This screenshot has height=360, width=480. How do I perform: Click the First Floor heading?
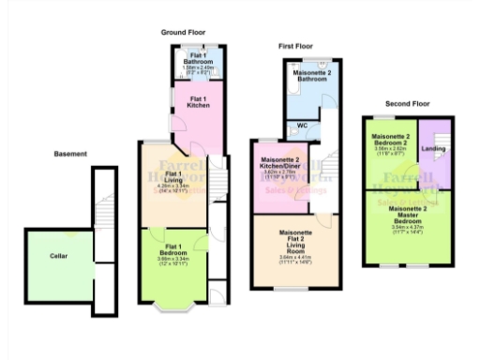point(295,46)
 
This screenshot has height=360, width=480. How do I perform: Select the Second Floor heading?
point(407,103)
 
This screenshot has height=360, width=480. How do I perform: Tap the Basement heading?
point(70,154)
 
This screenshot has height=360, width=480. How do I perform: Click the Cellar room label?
point(58,253)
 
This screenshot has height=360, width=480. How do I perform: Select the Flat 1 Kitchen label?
point(199,102)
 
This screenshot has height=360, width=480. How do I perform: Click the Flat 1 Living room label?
point(173,177)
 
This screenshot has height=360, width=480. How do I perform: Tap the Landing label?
point(434,148)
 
